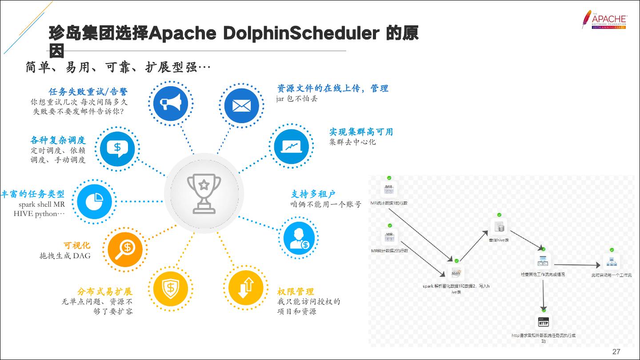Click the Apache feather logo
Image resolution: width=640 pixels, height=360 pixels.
[587, 20]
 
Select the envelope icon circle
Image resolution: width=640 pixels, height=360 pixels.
[241, 106]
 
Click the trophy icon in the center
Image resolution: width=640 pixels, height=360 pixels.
[204, 192]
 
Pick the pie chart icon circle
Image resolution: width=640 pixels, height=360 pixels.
[94, 201]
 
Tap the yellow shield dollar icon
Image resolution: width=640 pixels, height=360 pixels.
[170, 288]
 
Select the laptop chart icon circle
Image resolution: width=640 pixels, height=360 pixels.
[291, 146]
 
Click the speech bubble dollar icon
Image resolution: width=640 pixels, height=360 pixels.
[117, 148]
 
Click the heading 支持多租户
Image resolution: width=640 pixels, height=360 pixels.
[313, 194]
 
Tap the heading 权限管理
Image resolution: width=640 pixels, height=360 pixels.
[296, 292]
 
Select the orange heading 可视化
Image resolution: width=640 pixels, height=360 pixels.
[76, 245]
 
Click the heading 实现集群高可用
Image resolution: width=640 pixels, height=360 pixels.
[361, 132]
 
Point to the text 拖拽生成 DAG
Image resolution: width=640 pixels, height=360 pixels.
[65, 256]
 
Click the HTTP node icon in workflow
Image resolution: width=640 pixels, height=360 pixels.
[543, 322]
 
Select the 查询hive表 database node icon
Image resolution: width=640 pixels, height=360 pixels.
[499, 227]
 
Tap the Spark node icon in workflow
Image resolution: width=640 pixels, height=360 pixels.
[456, 272]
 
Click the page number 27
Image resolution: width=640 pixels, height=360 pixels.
[616, 352]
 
